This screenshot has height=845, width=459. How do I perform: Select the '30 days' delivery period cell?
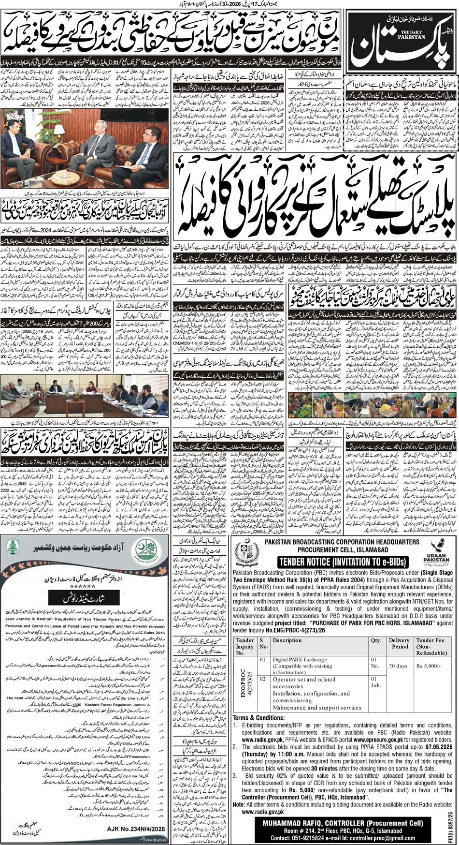click(x=398, y=666)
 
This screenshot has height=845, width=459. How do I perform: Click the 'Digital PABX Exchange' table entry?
click(x=300, y=659)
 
